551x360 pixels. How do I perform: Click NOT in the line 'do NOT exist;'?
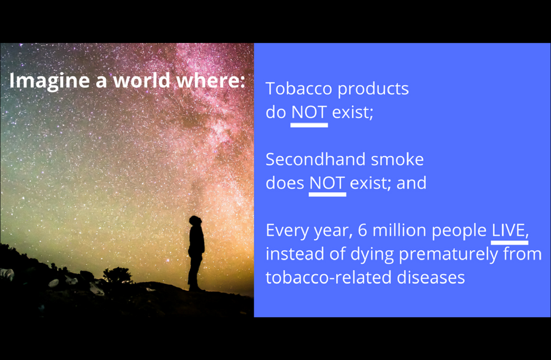click(x=309, y=112)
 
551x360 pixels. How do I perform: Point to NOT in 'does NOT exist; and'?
click(x=327, y=183)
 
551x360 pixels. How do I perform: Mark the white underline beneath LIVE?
click(x=509, y=243)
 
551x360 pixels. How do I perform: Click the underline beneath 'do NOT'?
click(x=309, y=125)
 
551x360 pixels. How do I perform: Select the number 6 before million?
click(x=362, y=230)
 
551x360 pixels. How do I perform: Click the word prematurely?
click(x=448, y=255)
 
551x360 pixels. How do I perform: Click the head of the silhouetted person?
click(x=194, y=221)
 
